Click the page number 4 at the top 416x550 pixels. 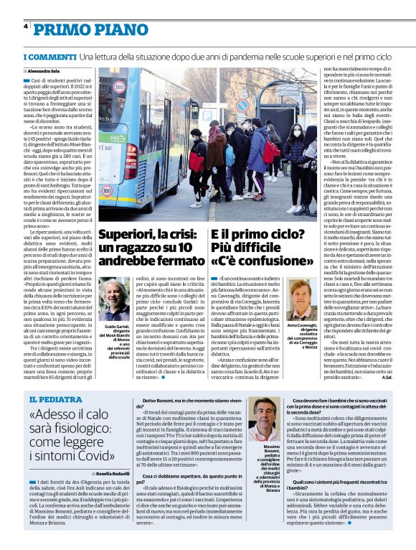25,27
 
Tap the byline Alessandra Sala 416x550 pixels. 45,72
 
